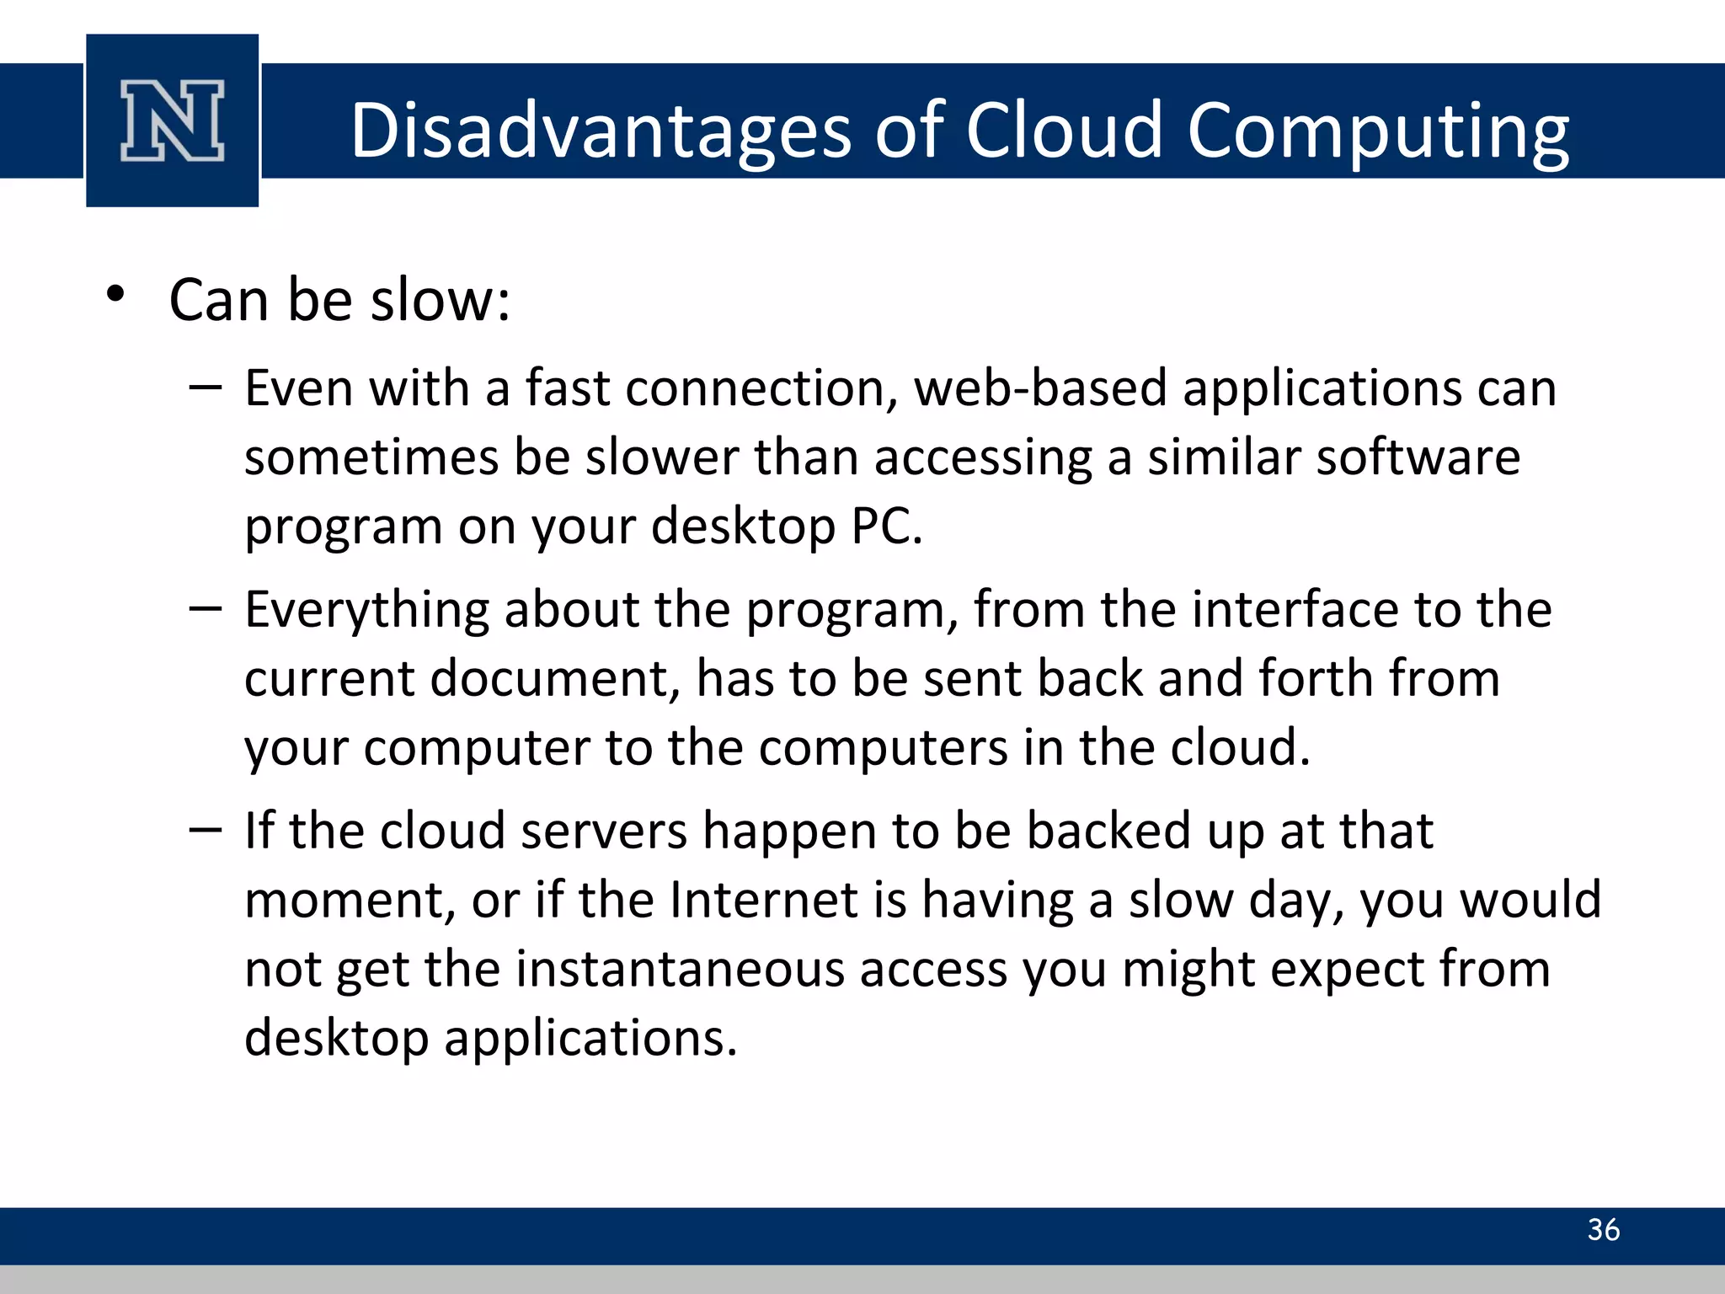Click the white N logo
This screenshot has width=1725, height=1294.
click(173, 120)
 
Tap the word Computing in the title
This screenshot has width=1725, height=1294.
click(1378, 131)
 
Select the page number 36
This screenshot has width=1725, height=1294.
click(1603, 1230)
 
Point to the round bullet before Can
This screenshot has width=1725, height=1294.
click(115, 295)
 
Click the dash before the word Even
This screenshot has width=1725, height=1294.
click(206, 388)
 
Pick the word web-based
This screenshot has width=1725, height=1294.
click(1041, 388)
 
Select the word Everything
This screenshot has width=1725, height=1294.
click(366, 610)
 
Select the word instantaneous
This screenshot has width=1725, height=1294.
click(679, 969)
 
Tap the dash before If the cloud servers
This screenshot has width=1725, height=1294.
click(206, 831)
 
